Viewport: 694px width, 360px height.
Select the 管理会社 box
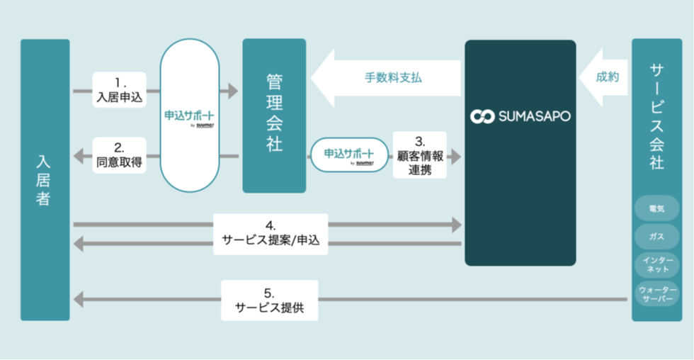tap(274, 116)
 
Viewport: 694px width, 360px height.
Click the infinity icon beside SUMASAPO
tap(482, 116)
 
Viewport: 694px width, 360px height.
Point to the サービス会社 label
tap(656, 116)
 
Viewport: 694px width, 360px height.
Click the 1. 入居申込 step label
tap(119, 91)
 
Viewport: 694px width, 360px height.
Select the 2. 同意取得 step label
tap(119, 156)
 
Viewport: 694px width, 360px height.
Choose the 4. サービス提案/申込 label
tap(271, 235)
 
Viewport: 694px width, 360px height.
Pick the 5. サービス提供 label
tap(269, 300)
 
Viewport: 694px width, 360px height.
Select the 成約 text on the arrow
tap(607, 77)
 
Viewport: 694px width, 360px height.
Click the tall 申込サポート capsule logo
tap(189, 116)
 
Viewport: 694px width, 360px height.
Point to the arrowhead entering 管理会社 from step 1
tap(232, 91)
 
